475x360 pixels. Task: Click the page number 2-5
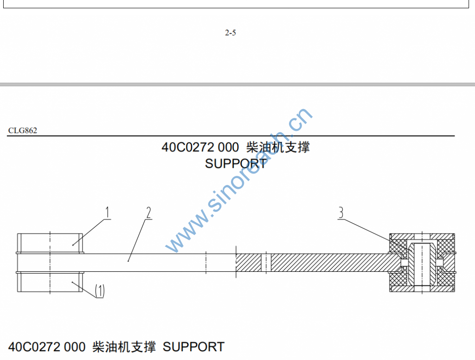click(231, 32)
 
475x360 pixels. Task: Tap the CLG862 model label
click(22, 130)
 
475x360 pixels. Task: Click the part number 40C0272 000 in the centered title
click(200, 148)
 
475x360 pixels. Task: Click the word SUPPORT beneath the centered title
click(236, 163)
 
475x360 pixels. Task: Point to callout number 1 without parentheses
click(107, 213)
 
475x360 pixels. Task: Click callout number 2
click(148, 213)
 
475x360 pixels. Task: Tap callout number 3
click(341, 213)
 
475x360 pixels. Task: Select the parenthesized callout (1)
click(100, 291)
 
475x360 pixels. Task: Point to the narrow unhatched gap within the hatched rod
click(265, 263)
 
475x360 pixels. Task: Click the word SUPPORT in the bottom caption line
click(193, 347)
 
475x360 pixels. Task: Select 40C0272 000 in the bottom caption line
click(47, 347)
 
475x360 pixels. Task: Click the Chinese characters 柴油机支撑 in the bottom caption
click(124, 347)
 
